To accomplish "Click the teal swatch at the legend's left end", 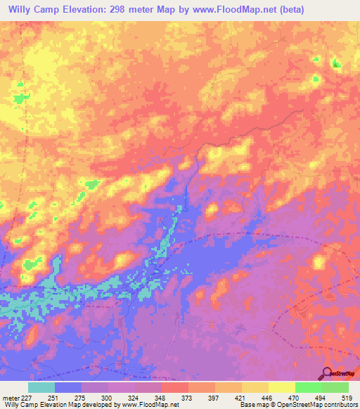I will point(41,387).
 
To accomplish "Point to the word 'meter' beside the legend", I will point(11,397).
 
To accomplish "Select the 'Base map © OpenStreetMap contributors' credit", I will point(297,405).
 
